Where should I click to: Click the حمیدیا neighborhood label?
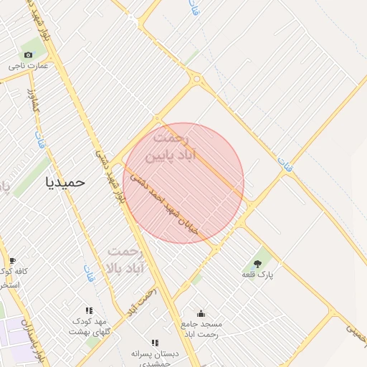pos(65,182)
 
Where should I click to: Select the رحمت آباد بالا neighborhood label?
pos(125,260)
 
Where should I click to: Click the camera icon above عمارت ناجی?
pos(28,55)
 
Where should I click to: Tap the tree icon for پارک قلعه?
pos(257,264)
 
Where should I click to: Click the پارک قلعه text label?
pos(258,275)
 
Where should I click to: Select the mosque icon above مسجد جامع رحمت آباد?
pos(201,313)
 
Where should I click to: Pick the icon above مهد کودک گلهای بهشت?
pos(89,310)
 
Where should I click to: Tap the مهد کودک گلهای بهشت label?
pos(88,326)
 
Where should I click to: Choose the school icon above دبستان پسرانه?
pos(155,343)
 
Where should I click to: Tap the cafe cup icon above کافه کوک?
pos(12,260)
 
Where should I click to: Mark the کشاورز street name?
pos(31,100)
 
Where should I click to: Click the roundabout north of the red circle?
pos(196,79)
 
